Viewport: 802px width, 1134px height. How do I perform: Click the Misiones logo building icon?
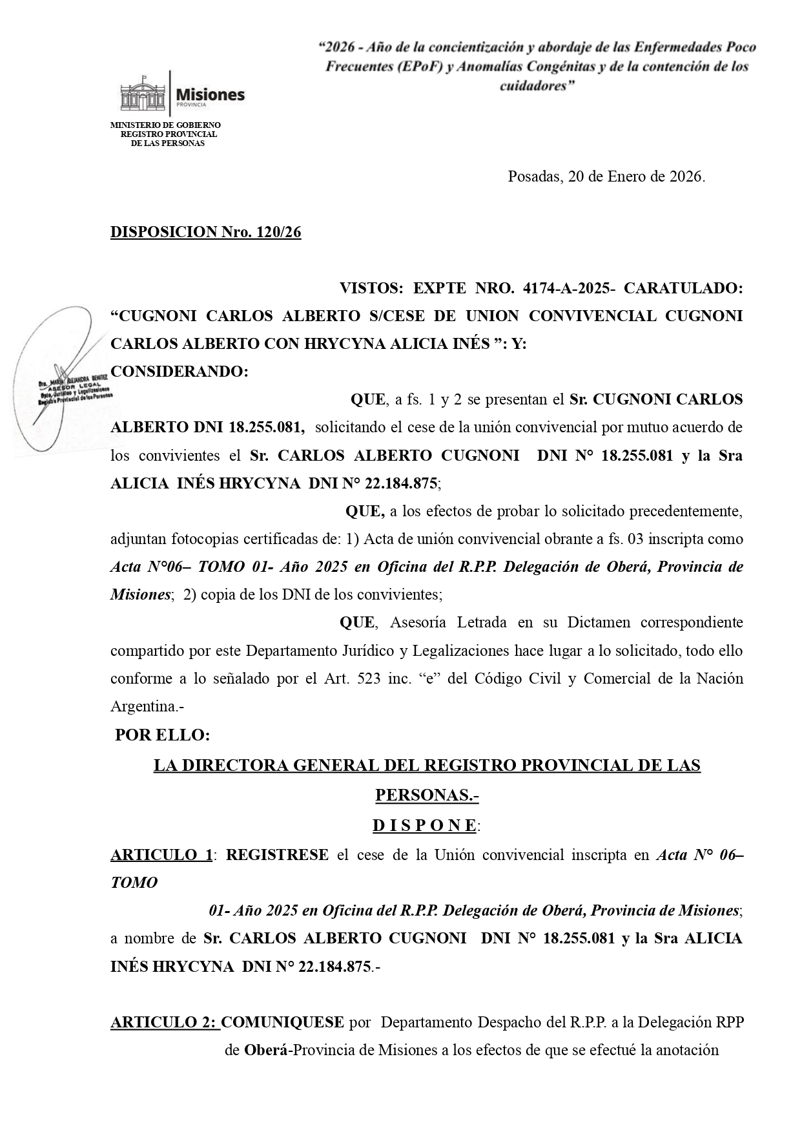click(143, 94)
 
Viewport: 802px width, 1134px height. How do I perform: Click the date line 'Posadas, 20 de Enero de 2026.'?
click(606, 176)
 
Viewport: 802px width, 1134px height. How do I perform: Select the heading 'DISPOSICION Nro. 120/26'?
click(205, 232)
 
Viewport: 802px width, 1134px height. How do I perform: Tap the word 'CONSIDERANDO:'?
click(180, 372)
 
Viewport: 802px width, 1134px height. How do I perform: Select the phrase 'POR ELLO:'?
click(162, 735)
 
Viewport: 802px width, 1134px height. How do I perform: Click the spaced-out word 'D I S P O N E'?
click(424, 825)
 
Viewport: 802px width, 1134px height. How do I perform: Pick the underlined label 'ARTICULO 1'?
click(161, 854)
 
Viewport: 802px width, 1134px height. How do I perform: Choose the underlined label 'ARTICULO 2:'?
click(165, 1022)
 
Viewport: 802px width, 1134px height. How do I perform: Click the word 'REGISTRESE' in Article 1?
click(277, 854)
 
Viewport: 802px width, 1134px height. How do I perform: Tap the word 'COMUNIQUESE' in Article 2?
click(282, 1022)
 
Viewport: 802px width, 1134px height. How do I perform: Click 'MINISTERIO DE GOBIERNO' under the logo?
click(165, 125)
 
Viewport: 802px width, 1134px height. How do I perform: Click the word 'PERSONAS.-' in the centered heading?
click(427, 795)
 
